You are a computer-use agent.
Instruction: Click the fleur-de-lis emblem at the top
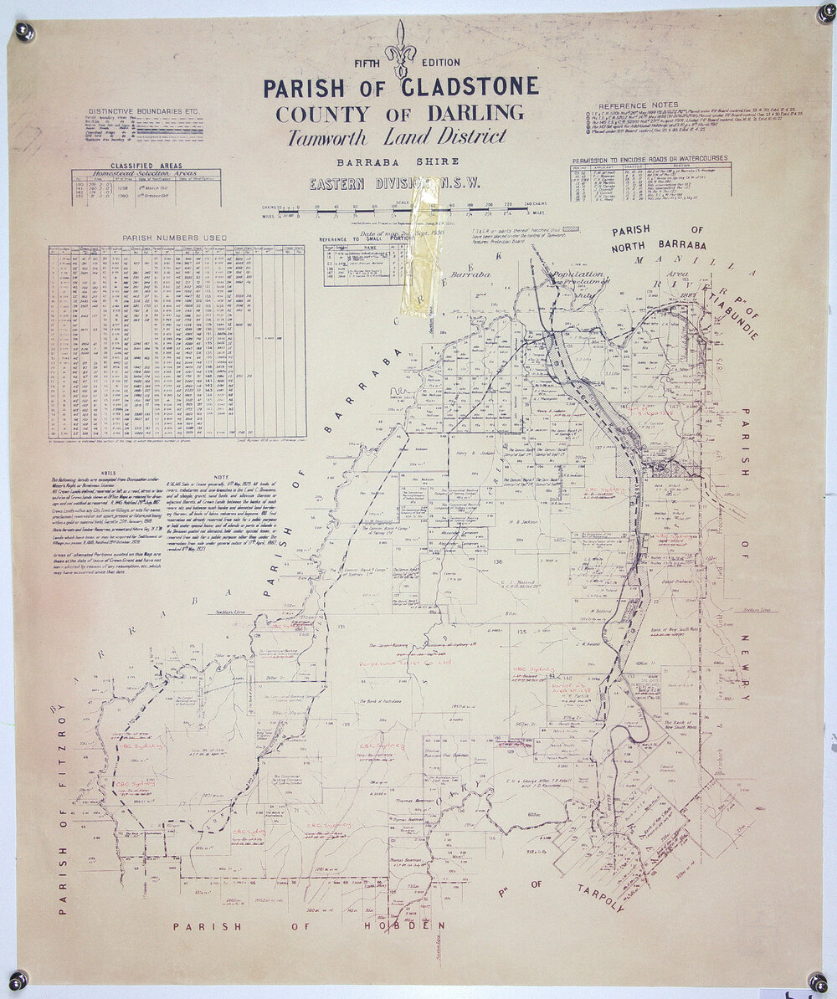tap(400, 49)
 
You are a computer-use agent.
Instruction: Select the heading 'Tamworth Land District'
tap(397, 137)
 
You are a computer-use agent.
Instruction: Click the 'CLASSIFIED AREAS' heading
tap(146, 166)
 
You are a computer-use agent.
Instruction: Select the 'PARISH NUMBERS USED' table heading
tap(174, 238)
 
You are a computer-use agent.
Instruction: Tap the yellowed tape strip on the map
tap(420, 247)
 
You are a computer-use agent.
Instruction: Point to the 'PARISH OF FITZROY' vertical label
tap(61, 803)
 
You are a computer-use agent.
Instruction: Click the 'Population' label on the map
tap(576, 274)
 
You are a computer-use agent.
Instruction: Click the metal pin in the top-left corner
tap(24, 32)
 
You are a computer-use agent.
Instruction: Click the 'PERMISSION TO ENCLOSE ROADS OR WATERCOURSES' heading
tap(650, 158)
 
